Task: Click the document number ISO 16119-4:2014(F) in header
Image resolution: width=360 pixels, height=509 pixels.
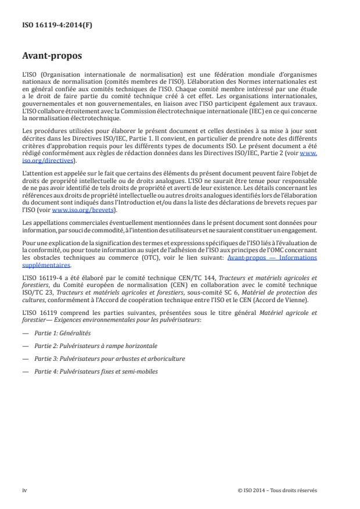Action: pyautogui.click(x=49, y=26)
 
